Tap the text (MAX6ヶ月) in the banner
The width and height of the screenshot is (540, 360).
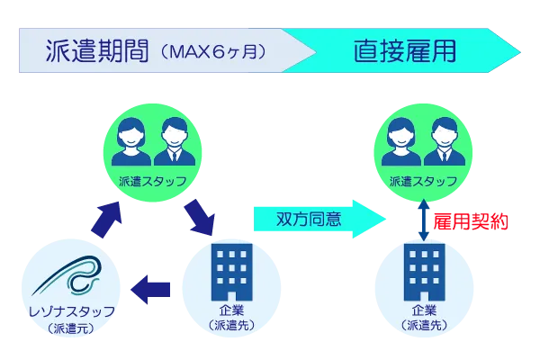pos(212,51)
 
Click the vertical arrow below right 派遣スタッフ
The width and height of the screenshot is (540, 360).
pos(424,220)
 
